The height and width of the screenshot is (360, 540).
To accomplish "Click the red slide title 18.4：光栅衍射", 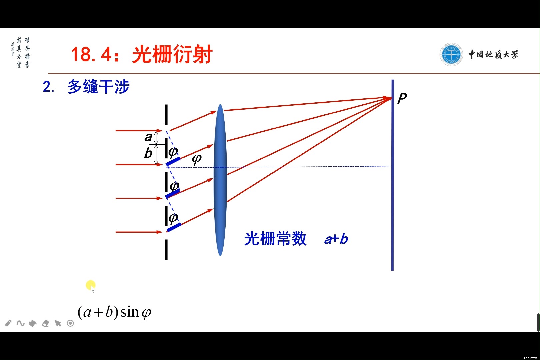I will coord(142,54).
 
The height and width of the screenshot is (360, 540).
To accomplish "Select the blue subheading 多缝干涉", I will coord(98,87).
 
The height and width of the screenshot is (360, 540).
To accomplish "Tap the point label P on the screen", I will coord(402,98).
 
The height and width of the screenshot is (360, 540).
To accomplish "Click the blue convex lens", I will coord(220,180).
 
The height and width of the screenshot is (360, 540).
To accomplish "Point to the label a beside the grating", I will coord(148,137).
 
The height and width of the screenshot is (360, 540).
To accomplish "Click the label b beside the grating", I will coord(148,153).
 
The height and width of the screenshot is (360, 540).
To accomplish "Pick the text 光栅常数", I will coord(275,239).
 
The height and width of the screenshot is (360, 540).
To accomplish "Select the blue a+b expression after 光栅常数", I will coord(336,239).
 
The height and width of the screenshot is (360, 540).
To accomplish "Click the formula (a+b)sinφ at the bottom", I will coord(114,312).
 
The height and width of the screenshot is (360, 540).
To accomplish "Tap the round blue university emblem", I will coord(451,54).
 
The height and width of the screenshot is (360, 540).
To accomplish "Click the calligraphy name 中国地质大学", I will coord(493,54).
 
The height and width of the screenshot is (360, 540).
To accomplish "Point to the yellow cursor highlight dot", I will coord(90,285).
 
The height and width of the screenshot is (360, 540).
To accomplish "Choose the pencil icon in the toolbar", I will coord(8,323).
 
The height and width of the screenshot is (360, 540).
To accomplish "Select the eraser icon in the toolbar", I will coord(45,323).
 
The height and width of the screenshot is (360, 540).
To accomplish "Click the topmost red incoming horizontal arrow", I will coord(138,131).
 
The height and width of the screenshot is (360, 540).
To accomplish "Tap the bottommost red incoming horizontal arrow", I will coord(138,232).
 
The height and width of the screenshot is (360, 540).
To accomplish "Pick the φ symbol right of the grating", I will coord(197,159).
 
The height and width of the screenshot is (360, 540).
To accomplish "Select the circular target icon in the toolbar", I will coord(70,323).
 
